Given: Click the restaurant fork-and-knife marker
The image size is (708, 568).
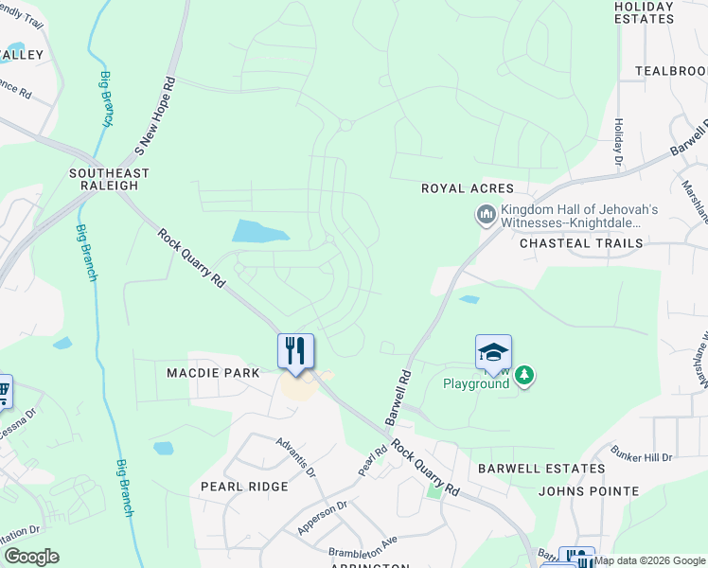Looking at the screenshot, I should tap(295, 351).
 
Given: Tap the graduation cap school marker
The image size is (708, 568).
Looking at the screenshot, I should tap(493, 353).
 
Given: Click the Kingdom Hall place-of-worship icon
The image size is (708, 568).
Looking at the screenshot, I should tap(487, 216).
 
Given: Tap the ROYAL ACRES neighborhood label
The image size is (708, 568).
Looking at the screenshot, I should tap(468, 189).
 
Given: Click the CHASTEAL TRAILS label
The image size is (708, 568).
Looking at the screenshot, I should tap(581, 243).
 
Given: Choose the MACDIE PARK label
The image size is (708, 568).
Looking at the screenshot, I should tap(213, 373).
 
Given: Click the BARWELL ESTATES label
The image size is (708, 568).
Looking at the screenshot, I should tap(540, 469).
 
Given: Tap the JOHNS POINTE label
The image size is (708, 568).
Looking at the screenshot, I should tap(588, 491).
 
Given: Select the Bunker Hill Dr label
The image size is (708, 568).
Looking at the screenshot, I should tap(641, 454).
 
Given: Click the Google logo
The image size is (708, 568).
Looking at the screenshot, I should tap(31, 557).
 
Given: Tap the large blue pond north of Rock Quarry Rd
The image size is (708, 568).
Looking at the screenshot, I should tap(260, 231).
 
